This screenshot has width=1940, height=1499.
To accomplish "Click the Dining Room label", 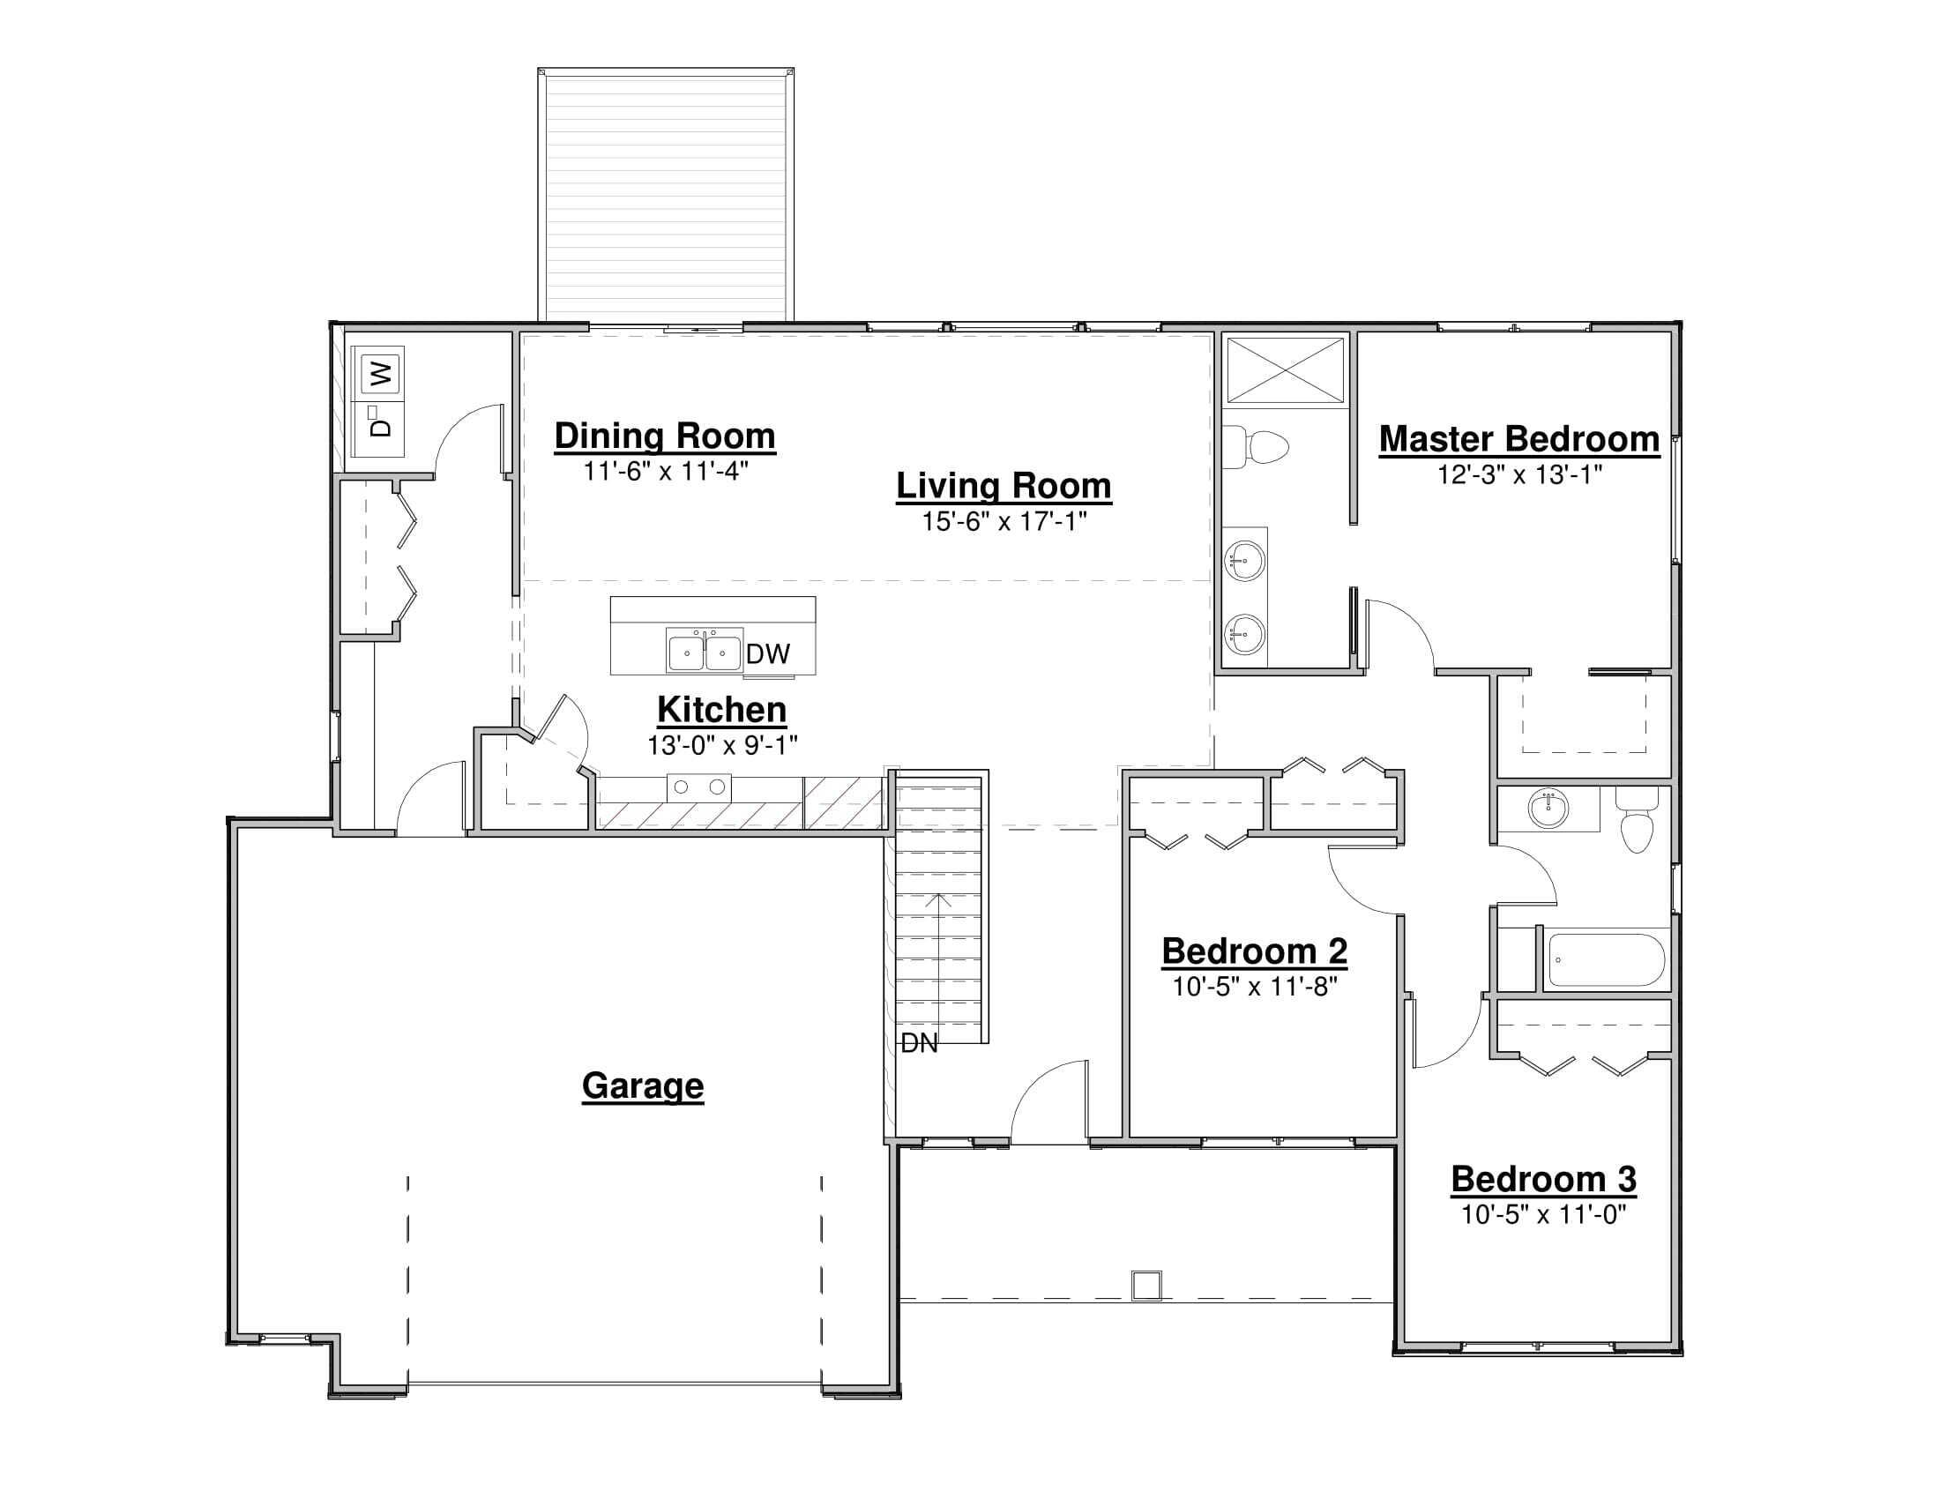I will click(664, 436).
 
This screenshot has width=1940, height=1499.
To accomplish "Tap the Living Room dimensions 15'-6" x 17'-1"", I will click(1004, 521).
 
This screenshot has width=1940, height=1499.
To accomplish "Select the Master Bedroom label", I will click(1519, 440).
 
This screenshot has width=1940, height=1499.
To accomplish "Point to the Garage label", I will click(642, 1085).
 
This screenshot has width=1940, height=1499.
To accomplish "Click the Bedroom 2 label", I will click(1254, 951).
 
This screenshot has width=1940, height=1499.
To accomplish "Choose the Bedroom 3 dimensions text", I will click(1543, 1214).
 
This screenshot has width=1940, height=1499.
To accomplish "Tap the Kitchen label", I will click(721, 710).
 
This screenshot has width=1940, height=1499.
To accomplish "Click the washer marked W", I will click(380, 373).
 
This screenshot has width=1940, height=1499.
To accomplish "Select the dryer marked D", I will click(380, 427).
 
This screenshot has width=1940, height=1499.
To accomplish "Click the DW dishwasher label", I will click(767, 654).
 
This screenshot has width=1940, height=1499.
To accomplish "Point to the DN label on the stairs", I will click(919, 1043).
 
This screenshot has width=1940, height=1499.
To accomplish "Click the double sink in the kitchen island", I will click(705, 652).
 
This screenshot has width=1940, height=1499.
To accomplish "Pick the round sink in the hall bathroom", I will click(1548, 809).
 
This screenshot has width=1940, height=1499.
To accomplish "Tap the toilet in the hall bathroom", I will click(1636, 821).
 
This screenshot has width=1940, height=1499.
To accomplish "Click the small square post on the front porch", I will click(1145, 1285).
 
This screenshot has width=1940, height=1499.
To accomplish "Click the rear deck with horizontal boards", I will click(665, 194).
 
